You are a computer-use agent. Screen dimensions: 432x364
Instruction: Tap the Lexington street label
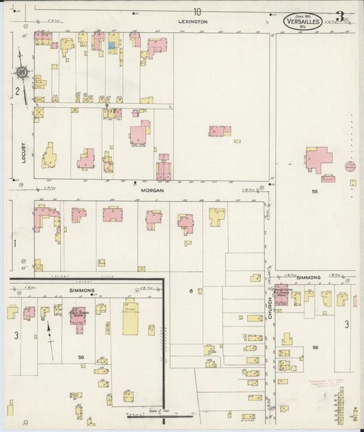pyautogui.click(x=192, y=22)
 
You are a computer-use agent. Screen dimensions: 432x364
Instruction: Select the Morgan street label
pyautogui.click(x=152, y=190)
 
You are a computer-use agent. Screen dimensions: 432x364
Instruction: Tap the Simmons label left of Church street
pyautogui.click(x=82, y=291)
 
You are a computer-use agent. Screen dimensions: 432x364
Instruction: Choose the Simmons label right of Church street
pyautogui.click(x=308, y=278)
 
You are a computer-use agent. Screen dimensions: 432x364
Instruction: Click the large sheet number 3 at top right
pyautogui.click(x=339, y=16)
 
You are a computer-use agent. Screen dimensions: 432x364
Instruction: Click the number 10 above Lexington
pyautogui.click(x=197, y=11)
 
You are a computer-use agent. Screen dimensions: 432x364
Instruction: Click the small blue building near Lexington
pyautogui.click(x=111, y=46)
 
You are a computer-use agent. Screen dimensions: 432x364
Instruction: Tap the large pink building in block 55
pyautogui.click(x=318, y=159)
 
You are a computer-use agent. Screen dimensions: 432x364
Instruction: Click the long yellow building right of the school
pyautogui.click(x=130, y=319)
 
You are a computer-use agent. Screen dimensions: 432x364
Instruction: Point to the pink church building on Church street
pyautogui.click(x=281, y=295)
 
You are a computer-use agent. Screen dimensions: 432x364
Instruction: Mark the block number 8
pyautogui.click(x=191, y=291)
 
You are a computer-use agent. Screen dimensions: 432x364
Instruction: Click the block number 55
pyautogui.click(x=315, y=192)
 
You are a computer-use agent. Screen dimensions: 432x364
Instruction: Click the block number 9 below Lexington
pyautogui.click(x=115, y=105)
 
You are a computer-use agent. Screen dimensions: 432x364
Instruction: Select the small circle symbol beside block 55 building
pyautogui.click(x=350, y=166)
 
